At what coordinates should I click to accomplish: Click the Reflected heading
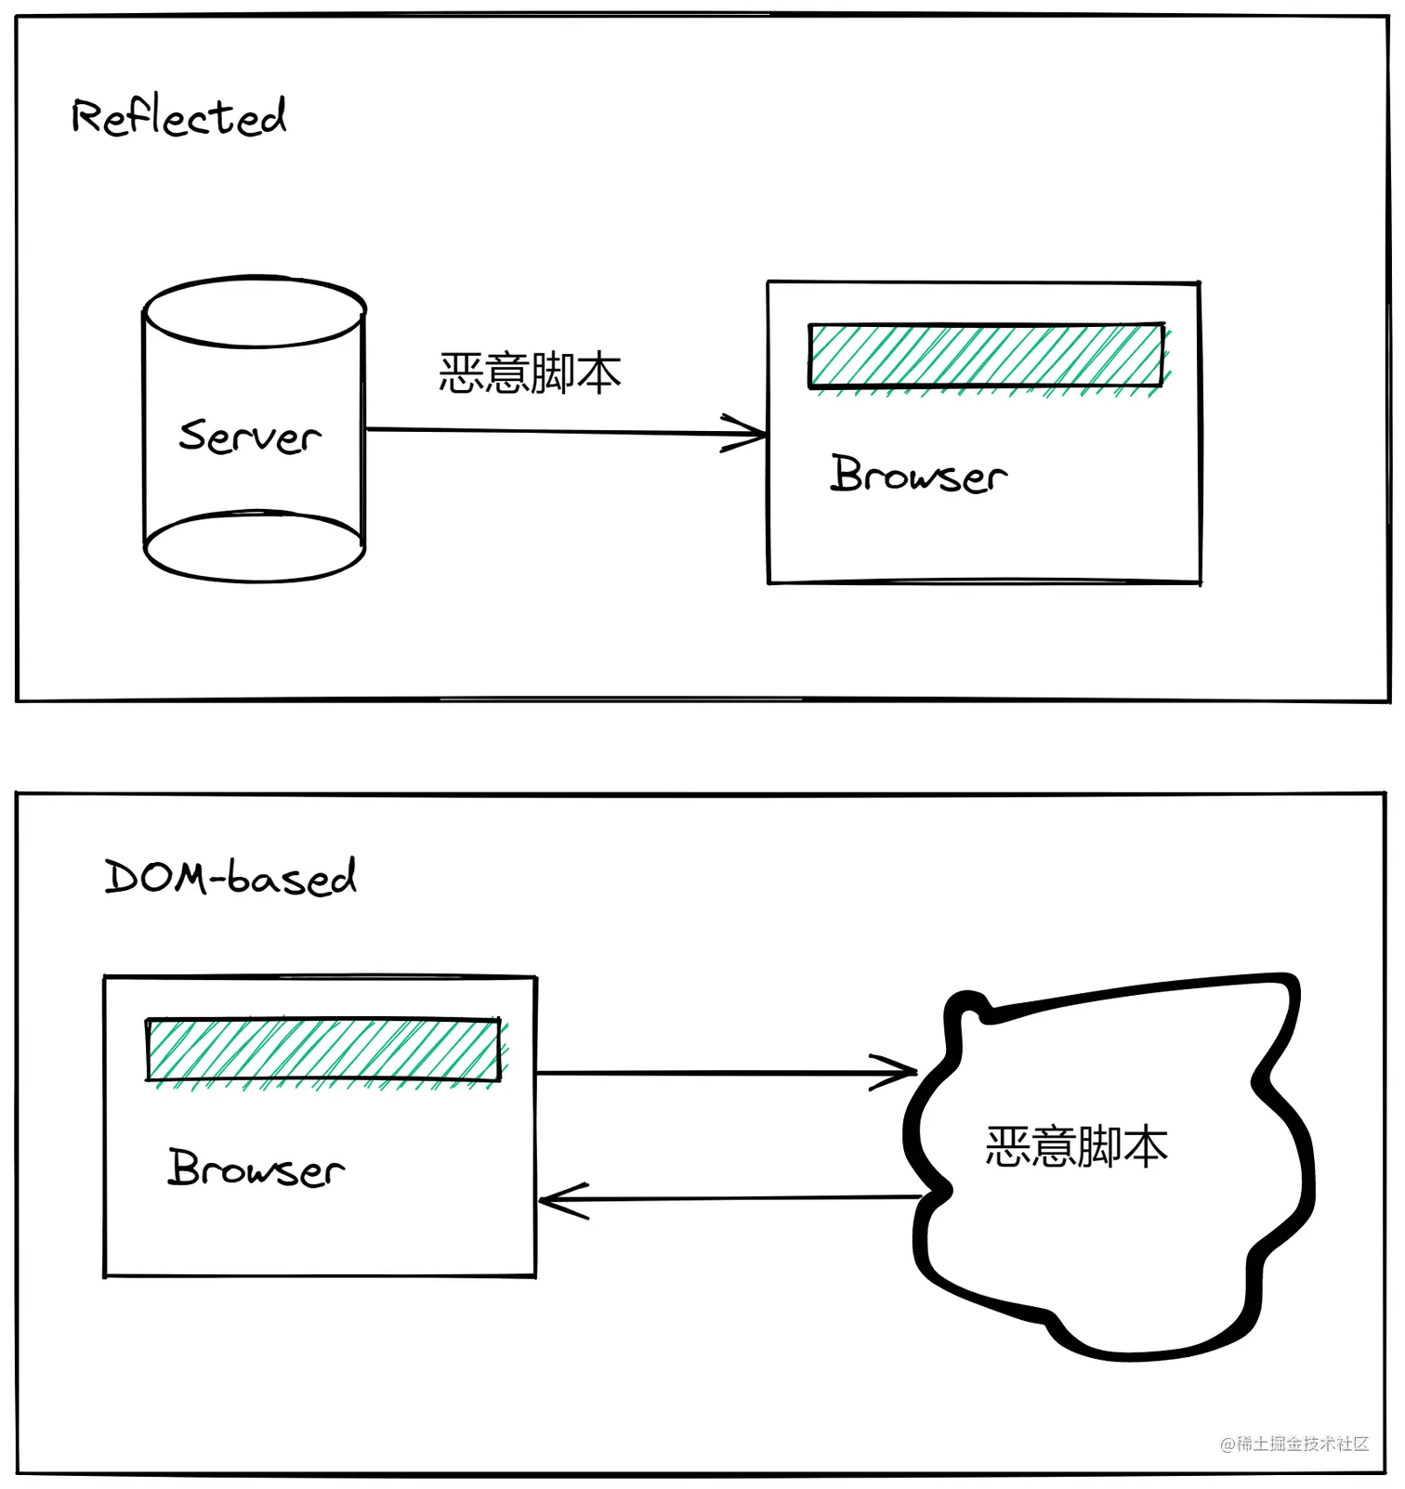coord(178,118)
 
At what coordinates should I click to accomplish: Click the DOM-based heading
coord(230,878)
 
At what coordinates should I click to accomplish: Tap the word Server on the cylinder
coord(249,437)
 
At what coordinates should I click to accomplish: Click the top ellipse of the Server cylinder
coord(255,312)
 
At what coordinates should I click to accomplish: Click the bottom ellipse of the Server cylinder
coord(255,547)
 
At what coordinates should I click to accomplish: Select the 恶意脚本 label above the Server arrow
coord(530,373)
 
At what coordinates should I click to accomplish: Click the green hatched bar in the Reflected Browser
coord(986,356)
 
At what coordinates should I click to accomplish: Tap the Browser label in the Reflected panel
coord(918,475)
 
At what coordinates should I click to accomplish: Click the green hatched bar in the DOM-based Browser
coord(323,1051)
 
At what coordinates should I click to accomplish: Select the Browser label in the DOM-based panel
coord(256,1169)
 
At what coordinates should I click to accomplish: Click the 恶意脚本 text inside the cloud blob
coord(1076,1146)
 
